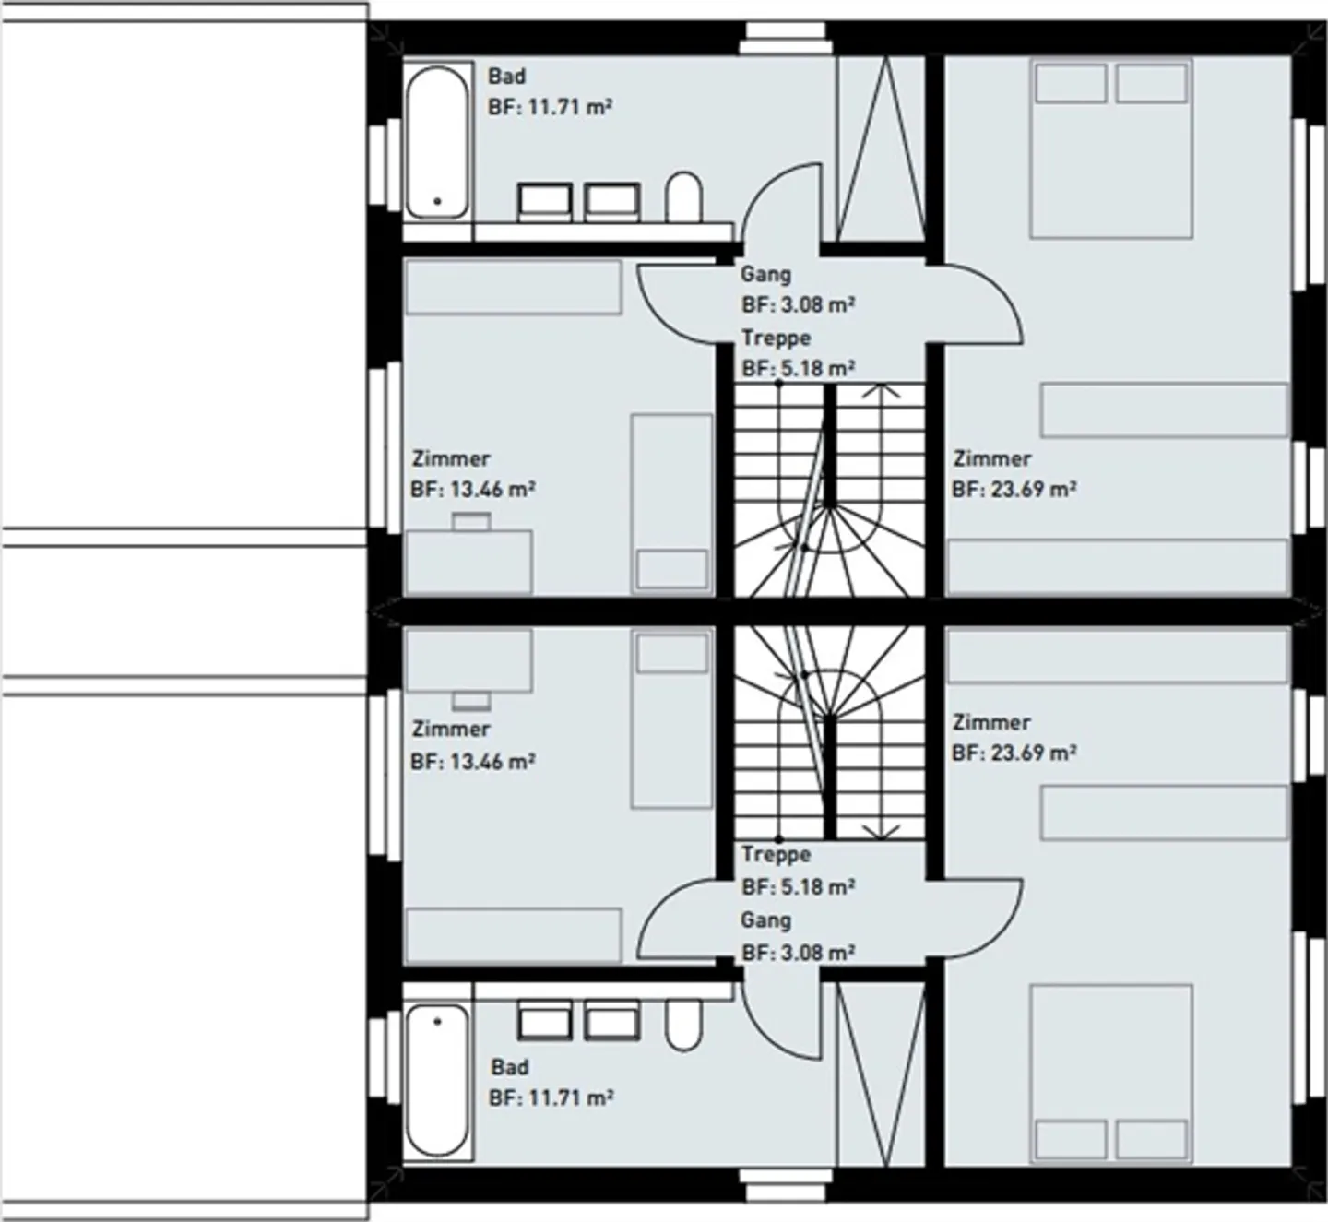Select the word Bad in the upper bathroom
[x=506, y=77]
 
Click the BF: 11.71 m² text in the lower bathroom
[x=551, y=1097]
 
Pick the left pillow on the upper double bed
[x=1070, y=84]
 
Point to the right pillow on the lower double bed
[x=1150, y=1139]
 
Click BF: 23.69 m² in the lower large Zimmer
[x=1014, y=753]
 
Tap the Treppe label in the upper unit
[x=776, y=338]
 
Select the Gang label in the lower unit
[x=765, y=920]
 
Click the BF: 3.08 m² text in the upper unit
[x=798, y=304]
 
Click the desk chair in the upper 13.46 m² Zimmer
[x=471, y=521]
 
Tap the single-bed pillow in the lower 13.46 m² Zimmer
[x=671, y=653]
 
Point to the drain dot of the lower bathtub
[x=437, y=1021]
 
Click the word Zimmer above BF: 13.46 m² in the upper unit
[x=450, y=458]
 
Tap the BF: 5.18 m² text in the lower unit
[x=798, y=887]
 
